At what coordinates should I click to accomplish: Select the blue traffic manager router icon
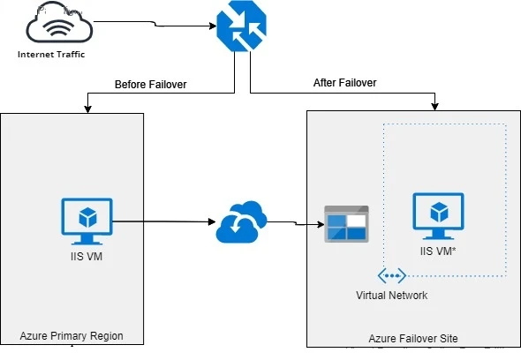[234, 27]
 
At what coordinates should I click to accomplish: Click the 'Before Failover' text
[150, 85]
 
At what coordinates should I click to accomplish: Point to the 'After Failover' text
[344, 83]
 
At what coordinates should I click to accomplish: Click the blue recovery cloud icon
[240, 222]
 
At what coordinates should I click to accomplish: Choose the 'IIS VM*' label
[438, 251]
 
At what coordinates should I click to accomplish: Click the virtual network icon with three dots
[392, 276]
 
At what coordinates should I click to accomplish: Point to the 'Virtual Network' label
[392, 296]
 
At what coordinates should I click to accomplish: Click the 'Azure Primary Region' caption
[72, 336]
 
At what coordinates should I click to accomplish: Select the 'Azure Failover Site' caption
[412, 338]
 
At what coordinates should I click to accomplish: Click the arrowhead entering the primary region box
[87, 109]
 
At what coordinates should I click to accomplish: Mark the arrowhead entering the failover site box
[434, 107]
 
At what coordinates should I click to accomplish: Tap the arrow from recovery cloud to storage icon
[291, 223]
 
